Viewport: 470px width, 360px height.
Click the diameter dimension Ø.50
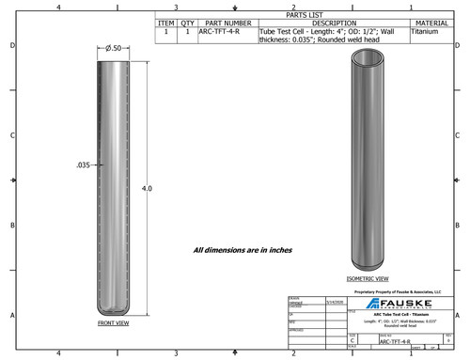(x=114, y=48)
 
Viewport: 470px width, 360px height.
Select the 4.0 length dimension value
(x=147, y=188)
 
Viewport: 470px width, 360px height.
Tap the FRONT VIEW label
(x=113, y=322)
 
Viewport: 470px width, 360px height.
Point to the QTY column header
(x=187, y=23)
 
